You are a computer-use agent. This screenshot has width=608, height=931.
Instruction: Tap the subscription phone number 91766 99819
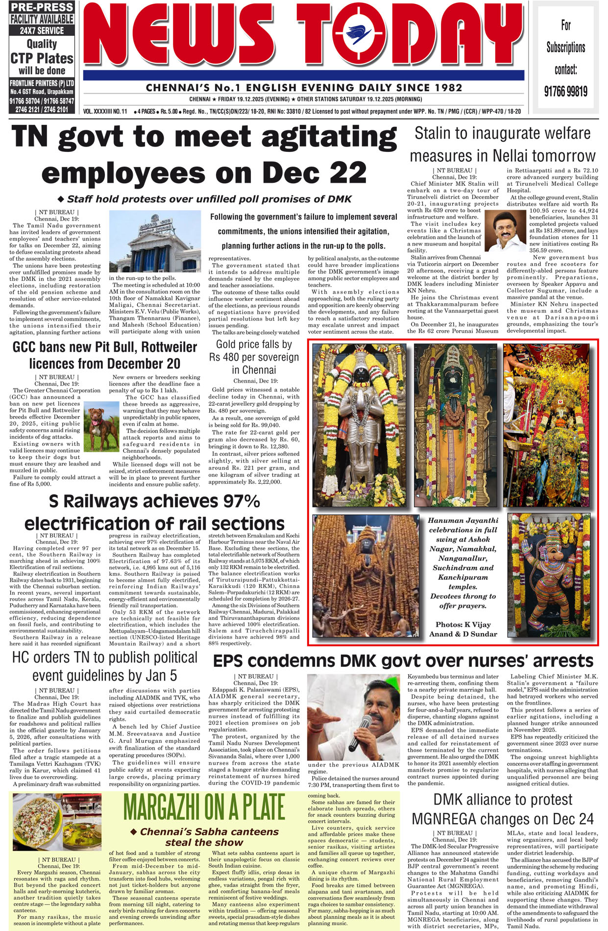pyautogui.click(x=566, y=91)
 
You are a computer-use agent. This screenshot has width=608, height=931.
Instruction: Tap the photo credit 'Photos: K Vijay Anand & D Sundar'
pyautogui.click(x=462, y=629)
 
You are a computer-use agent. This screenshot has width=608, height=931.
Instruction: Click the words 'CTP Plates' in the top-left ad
pyautogui.click(x=42, y=58)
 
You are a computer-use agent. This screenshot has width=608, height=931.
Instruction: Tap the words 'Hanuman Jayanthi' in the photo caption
pyautogui.click(x=462, y=521)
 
